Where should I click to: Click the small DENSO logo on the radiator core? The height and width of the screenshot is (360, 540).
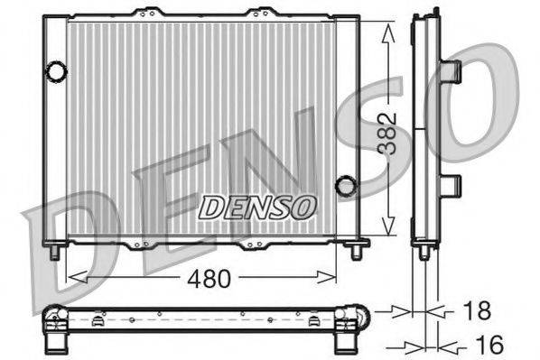257,207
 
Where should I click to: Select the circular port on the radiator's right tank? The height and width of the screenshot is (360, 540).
345,187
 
